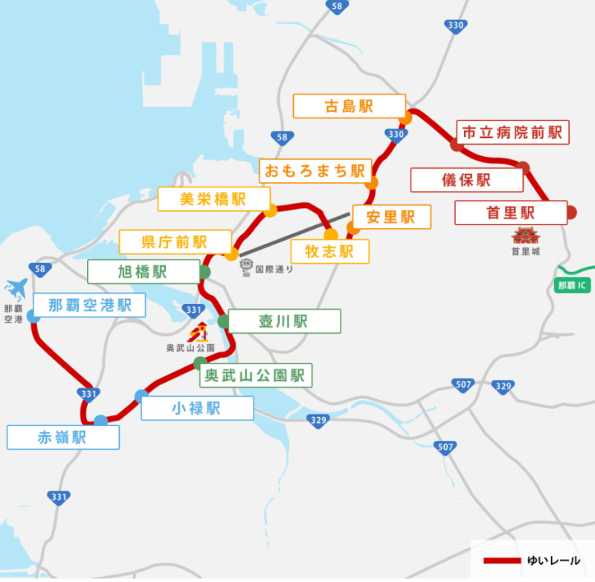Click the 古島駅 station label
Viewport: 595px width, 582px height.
[349, 106]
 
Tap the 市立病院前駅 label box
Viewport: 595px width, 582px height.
[512, 132]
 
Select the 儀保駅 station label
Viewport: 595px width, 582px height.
[466, 180]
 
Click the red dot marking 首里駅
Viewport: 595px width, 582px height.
[571, 213]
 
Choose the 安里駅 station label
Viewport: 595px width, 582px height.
[391, 217]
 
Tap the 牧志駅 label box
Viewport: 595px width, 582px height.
[329, 251]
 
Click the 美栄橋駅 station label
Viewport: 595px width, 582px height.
[213, 199]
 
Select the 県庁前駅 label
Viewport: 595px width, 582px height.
[175, 242]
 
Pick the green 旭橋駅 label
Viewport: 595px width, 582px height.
[143, 271]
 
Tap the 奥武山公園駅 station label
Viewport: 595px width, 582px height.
[256, 375]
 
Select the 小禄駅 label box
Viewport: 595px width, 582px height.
[196, 408]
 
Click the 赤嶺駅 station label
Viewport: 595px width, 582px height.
[62, 438]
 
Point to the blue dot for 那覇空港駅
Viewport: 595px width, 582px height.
[33, 317]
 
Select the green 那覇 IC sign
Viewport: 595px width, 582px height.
[575, 285]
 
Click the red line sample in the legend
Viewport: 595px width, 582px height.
[502, 560]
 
